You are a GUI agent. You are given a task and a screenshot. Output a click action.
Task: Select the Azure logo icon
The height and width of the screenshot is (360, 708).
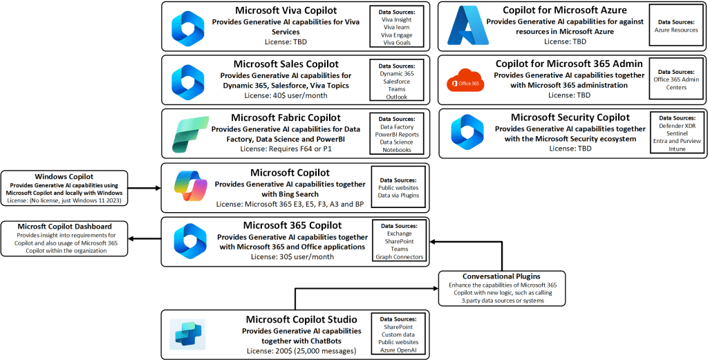tap(465, 26)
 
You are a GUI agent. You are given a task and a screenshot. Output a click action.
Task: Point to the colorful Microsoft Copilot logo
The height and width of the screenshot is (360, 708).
tap(188, 188)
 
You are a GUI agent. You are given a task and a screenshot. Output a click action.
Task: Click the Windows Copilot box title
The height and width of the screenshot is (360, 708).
tap(64, 176)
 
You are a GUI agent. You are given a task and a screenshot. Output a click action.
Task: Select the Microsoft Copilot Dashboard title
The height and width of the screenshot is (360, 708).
tap(64, 227)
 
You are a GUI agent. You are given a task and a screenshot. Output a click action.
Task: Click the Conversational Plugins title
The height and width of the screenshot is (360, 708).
tap(501, 276)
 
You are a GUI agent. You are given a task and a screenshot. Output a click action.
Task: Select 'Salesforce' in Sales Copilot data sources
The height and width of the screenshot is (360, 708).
tap(396, 81)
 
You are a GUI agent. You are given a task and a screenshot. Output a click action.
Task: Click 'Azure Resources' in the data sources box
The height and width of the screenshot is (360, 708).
tap(676, 30)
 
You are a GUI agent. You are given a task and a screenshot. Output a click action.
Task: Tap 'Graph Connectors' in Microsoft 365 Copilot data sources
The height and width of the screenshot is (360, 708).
tap(399, 257)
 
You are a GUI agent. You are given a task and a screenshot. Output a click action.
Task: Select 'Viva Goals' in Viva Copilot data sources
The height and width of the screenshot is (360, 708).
tap(395, 42)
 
